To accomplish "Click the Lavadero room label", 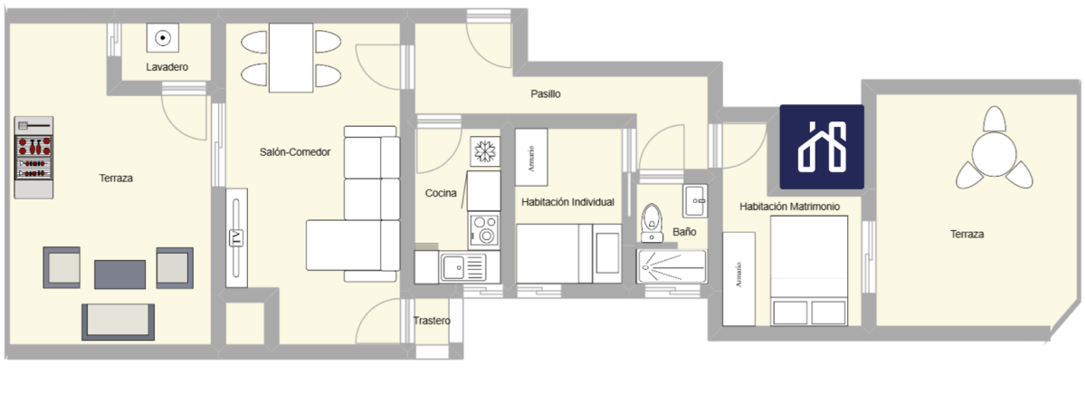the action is tap(167, 67).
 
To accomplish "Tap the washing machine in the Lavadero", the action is tap(163, 37).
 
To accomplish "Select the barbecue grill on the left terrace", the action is tap(33, 158).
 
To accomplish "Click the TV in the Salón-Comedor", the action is tap(236, 237).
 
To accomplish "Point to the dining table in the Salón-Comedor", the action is tap(291, 57).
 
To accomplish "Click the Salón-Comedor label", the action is tap(295, 152).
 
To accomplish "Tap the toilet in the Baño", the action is tap(652, 223).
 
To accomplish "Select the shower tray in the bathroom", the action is tap(672, 266).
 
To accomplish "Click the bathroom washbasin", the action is tap(695, 200).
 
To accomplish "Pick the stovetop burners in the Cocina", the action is tap(484, 230).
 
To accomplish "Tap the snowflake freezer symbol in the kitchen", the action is tap(485, 151).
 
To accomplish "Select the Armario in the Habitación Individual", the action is tap(531, 157).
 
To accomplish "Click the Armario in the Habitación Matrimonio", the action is tap(738, 278).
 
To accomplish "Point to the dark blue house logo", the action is tap(822, 147).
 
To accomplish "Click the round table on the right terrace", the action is tap(994, 155).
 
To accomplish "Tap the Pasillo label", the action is tap(546, 93).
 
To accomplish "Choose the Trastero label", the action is tap(432, 321).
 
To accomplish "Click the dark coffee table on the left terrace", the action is tap(119, 275).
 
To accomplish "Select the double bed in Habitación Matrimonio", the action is tap(809, 271).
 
